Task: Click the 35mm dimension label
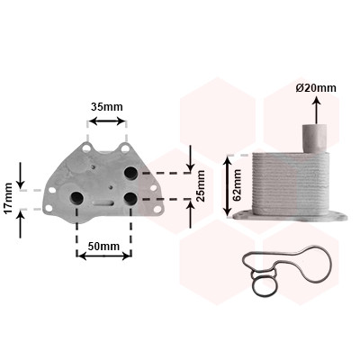pyautogui.click(x=107, y=106)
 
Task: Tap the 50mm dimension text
pyautogui.click(x=103, y=247)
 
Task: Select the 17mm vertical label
pyautogui.click(x=8, y=198)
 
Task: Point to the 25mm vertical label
pyautogui.click(x=201, y=185)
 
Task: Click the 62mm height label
pyautogui.click(x=237, y=185)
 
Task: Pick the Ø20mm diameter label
pyautogui.click(x=316, y=88)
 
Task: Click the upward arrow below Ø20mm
pyautogui.click(x=317, y=110)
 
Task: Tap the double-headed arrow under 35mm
pyautogui.click(x=107, y=121)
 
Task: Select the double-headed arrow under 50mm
pyautogui.click(x=103, y=256)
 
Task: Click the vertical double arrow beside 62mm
pyautogui.click(x=229, y=185)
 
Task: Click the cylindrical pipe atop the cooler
pyautogui.click(x=314, y=139)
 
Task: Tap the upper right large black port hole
pyautogui.click(x=130, y=173)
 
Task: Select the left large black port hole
pyautogui.click(x=76, y=197)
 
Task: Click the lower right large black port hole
pyautogui.click(x=130, y=198)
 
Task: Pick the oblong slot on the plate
pyautogui.click(x=103, y=202)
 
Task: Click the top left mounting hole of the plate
pyautogui.click(x=86, y=148)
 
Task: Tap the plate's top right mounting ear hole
pyautogui.click(x=125, y=148)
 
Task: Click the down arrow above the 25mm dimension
pyautogui.click(x=190, y=158)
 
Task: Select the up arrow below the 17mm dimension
pyautogui.click(x=21, y=223)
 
